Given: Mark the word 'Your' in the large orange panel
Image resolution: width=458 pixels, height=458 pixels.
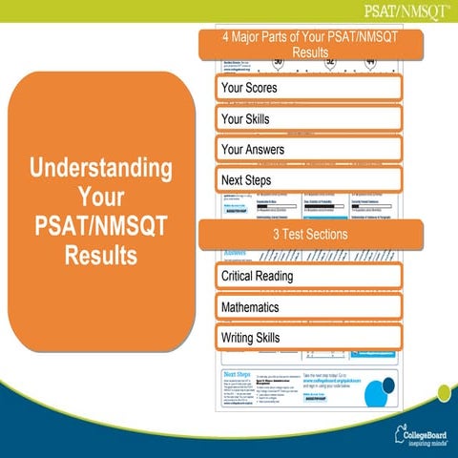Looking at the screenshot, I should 102,199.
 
